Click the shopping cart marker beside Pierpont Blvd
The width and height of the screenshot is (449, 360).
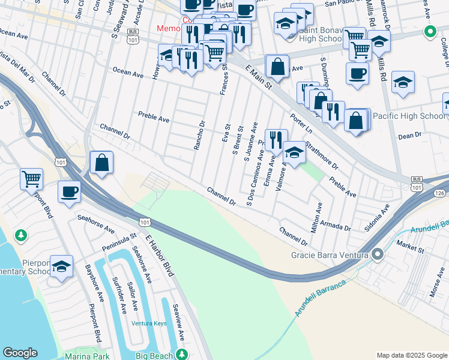point(31,179)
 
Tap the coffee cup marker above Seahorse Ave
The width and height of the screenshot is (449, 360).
point(69,192)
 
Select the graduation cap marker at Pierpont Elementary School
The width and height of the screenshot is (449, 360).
point(61,266)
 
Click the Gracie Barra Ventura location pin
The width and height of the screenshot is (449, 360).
point(378,254)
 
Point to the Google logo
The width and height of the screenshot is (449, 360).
point(20,353)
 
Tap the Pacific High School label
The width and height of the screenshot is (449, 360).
point(408,116)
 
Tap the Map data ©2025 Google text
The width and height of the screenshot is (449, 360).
point(411,355)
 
